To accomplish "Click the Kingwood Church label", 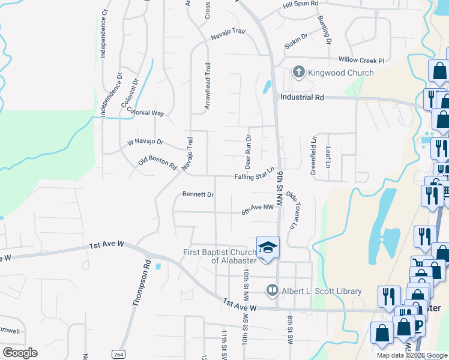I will pyautogui.click(x=340, y=73).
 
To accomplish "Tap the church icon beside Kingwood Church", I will pyautogui.click(x=298, y=73).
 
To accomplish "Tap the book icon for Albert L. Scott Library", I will pyautogui.click(x=272, y=291).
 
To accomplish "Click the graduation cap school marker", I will pyautogui.click(x=268, y=247).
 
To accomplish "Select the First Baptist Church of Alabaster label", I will pyautogui.click(x=220, y=256).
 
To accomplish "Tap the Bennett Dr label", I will pyautogui.click(x=198, y=194).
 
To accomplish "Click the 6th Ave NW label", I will pyautogui.click(x=258, y=207).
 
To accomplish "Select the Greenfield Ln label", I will pyautogui.click(x=313, y=155).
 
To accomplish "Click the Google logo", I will pyautogui.click(x=20, y=352).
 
